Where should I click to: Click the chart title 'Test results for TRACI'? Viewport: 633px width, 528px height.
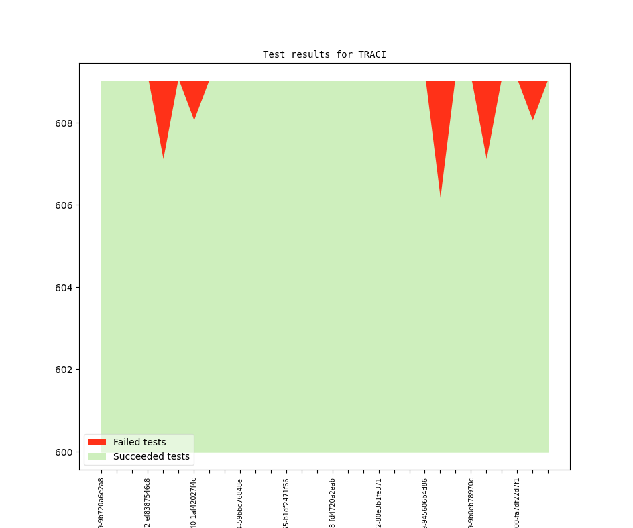[324, 54]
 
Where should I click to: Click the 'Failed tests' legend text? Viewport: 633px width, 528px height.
[139, 442]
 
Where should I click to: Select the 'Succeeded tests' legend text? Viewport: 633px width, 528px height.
[151, 456]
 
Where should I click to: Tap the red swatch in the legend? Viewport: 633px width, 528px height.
[97, 442]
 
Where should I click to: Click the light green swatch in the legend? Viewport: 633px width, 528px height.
[97, 456]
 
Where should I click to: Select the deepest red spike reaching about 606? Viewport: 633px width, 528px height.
[441, 121]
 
